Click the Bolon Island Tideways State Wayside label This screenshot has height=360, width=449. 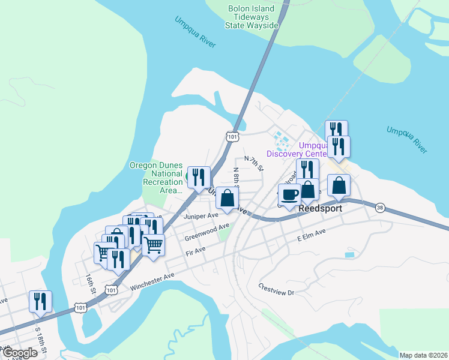click(252, 17)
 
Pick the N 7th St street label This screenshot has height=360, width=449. click(253, 163)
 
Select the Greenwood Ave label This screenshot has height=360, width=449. click(207, 232)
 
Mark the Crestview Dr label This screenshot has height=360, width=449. click(277, 289)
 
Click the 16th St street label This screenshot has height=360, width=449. click(90, 283)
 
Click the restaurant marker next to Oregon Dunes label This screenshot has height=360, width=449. click(199, 176)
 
